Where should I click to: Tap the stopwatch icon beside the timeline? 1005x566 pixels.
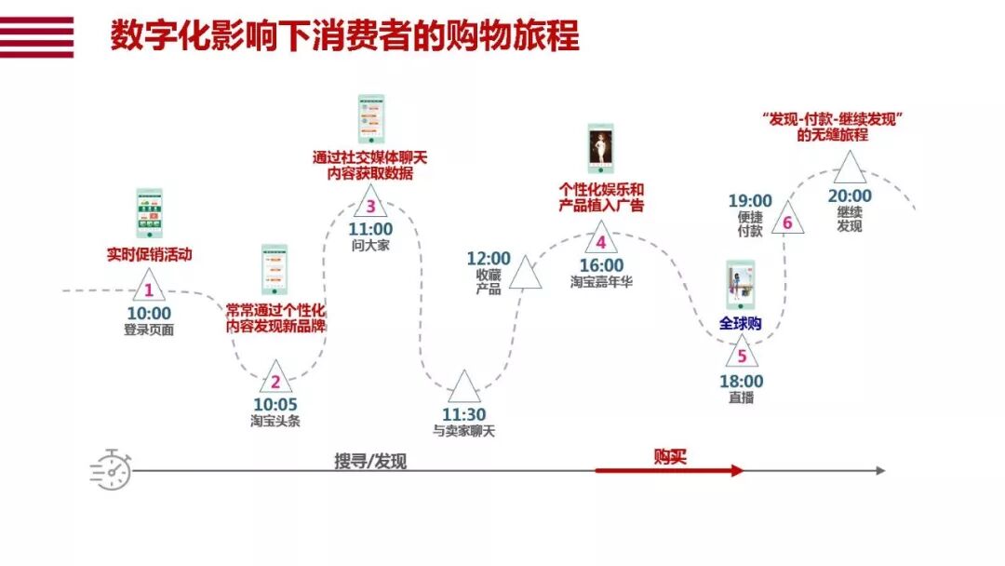click(x=111, y=469)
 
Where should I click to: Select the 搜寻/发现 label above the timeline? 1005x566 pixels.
click(x=370, y=461)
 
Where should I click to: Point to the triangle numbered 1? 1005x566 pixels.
click(x=148, y=288)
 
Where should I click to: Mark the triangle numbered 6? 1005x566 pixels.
click(x=787, y=221)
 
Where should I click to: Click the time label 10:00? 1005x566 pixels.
click(x=149, y=314)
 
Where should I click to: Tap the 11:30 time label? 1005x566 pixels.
click(x=463, y=414)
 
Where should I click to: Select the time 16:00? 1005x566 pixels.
click(x=601, y=266)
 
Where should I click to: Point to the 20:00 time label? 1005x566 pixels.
click(x=850, y=196)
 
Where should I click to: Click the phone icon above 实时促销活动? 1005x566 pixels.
click(x=149, y=213)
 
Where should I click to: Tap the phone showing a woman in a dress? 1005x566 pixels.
click(x=600, y=149)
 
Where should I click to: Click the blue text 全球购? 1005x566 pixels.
click(x=741, y=324)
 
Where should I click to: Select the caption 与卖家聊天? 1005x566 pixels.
click(x=463, y=431)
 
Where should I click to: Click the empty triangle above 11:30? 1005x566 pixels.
click(x=463, y=387)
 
